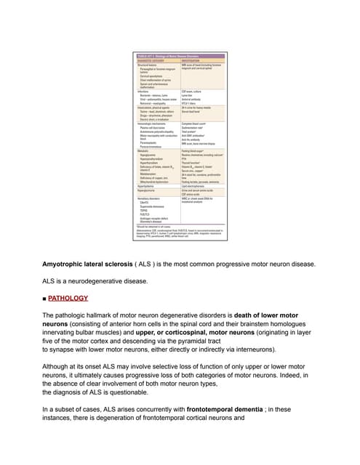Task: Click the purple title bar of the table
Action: pyautogui.click(x=179, y=56)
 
